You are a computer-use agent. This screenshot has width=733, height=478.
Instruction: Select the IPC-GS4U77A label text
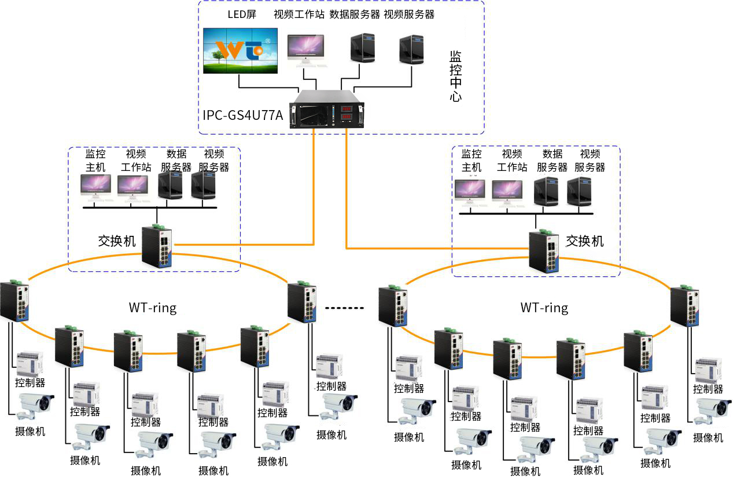[x=243, y=115]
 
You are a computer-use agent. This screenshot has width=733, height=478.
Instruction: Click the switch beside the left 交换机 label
[x=158, y=246]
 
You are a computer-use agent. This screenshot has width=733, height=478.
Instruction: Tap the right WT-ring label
[x=544, y=308]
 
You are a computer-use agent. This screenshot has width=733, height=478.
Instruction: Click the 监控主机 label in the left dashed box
[x=95, y=160]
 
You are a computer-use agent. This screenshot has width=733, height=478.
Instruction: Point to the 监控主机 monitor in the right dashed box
[x=470, y=191]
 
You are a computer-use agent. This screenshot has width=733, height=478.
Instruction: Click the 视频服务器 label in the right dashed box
[x=590, y=160]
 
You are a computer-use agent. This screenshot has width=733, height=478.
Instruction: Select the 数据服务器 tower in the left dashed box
[x=170, y=187]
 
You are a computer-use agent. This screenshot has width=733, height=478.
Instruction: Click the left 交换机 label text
[x=117, y=240]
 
